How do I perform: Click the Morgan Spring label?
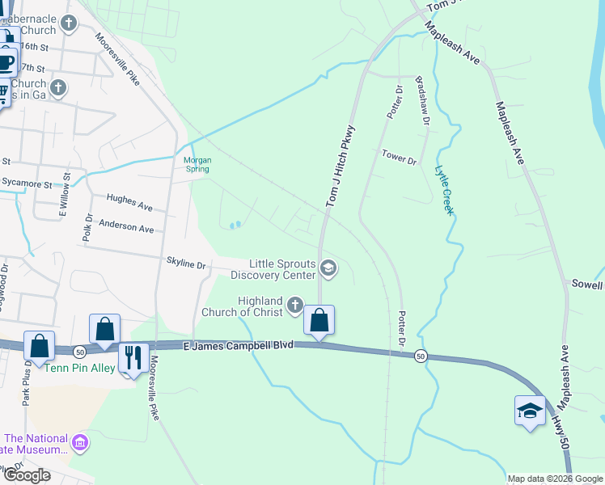[197, 164]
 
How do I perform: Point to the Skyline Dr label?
[186, 264]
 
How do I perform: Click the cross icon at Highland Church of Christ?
[294, 306]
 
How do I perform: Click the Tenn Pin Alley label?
[78, 369]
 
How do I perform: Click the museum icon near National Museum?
[79, 442]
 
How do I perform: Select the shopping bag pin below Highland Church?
[319, 321]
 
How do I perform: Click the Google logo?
[27, 475]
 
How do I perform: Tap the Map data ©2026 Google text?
[555, 479]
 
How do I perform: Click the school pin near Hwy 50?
[530, 411]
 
